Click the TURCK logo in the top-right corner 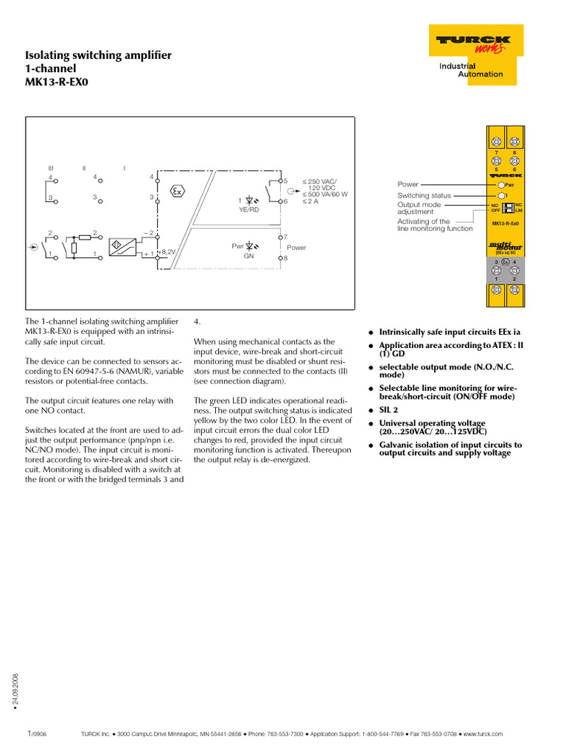[471, 43]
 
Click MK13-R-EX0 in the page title [57, 83]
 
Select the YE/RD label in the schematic [249, 209]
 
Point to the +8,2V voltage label [168, 251]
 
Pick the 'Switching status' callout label [424, 195]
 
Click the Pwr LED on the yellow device [502, 184]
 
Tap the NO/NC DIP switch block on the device [507, 207]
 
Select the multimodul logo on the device [506, 246]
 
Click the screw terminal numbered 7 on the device [496, 142]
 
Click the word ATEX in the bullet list [483, 345]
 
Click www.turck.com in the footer [483, 734]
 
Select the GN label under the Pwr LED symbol [248, 255]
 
